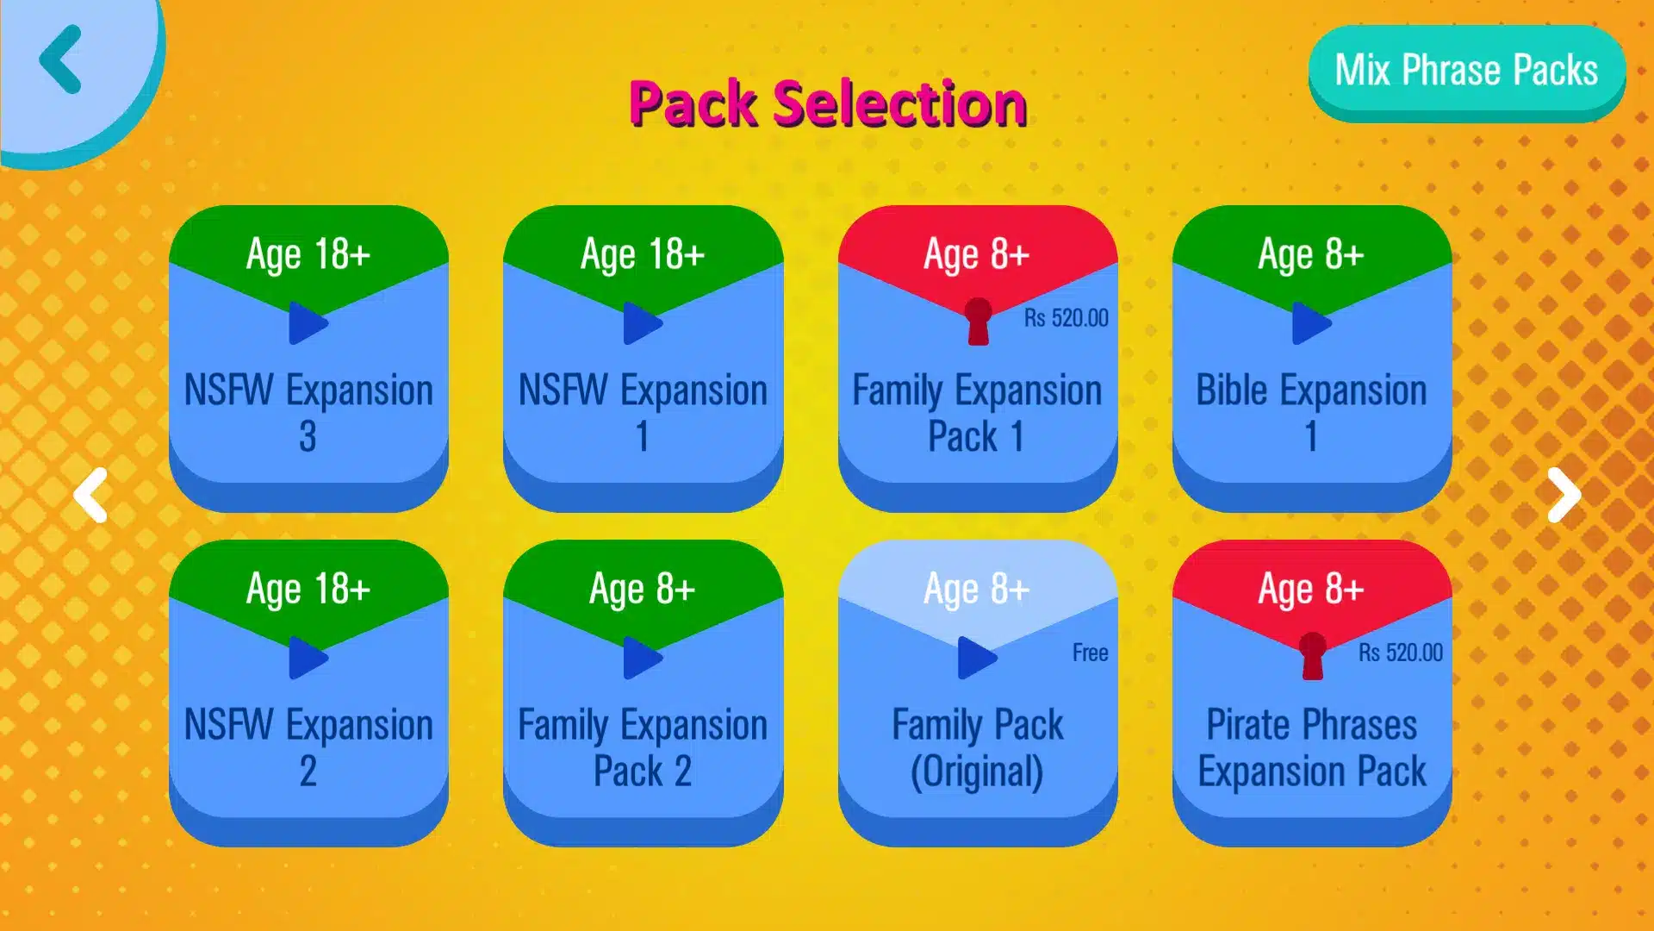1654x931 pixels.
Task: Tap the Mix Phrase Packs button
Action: click(x=1466, y=71)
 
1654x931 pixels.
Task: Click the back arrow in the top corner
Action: click(x=60, y=59)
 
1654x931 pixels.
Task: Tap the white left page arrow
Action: click(x=90, y=495)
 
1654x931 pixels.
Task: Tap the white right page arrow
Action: click(x=1564, y=495)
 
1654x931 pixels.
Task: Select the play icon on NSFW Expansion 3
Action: click(x=308, y=323)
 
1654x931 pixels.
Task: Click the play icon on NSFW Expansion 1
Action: click(x=642, y=323)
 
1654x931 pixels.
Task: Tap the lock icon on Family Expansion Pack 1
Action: click(x=978, y=322)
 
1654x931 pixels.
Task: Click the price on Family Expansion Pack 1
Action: click(x=1066, y=318)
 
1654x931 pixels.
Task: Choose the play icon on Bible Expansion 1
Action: click(x=1311, y=323)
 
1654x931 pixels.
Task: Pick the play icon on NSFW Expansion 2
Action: click(x=308, y=658)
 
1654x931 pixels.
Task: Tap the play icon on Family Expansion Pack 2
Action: click(x=642, y=658)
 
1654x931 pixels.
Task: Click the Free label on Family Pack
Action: click(x=1090, y=653)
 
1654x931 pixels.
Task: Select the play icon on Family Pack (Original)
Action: click(x=977, y=658)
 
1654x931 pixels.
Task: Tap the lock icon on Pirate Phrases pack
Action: click(x=1312, y=656)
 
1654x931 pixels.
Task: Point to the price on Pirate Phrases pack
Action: click(x=1400, y=653)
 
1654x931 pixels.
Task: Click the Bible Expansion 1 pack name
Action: click(x=1311, y=413)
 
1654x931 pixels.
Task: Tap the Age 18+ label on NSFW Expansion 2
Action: click(x=308, y=590)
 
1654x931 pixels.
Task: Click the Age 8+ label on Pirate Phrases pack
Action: click(x=1311, y=590)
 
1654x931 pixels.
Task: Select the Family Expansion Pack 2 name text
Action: click(x=643, y=747)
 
